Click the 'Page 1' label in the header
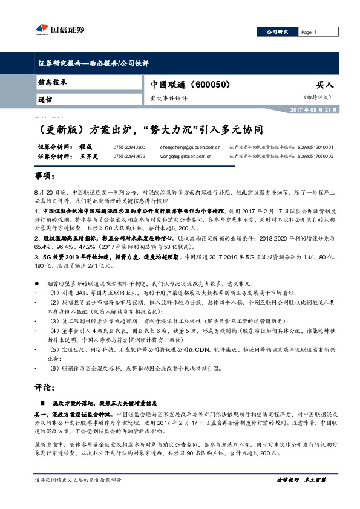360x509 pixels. (x=309, y=32)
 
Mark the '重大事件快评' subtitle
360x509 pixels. (x=169, y=98)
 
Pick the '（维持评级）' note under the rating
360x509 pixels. (x=318, y=97)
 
